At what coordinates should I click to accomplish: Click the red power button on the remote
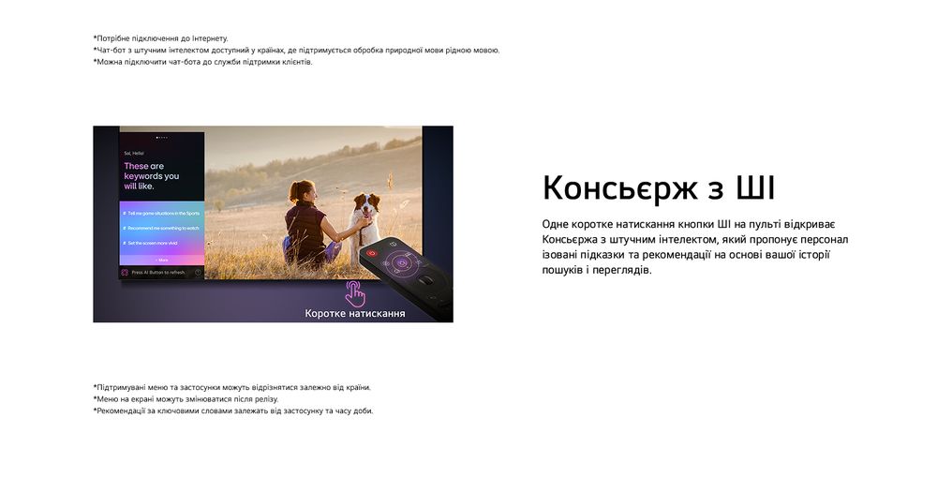click(x=371, y=253)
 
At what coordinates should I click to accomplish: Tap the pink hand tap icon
click(x=355, y=292)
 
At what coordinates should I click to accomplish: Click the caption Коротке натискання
click(x=355, y=313)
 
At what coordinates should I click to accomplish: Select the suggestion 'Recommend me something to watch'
click(x=161, y=228)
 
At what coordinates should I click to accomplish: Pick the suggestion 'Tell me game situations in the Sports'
click(x=161, y=214)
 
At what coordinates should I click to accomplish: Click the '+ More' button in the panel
click(x=161, y=259)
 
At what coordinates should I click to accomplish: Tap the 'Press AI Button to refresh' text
click(x=158, y=272)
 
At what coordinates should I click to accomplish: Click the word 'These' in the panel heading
click(x=136, y=166)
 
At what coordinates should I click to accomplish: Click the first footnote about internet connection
click(x=160, y=38)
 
